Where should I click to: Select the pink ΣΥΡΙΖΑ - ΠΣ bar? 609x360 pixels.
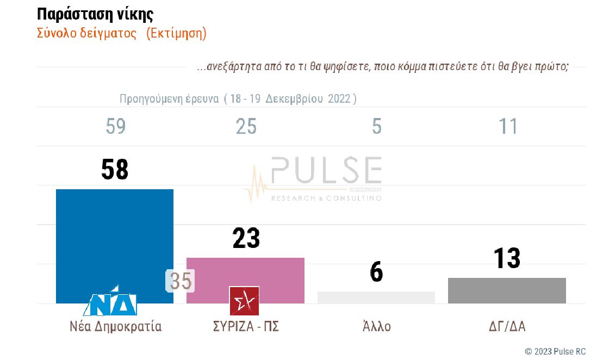245,272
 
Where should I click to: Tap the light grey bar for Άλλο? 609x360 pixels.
376,297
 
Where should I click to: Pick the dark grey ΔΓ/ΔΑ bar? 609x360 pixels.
507,290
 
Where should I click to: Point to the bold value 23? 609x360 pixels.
246,238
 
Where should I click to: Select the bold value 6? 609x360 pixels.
376,272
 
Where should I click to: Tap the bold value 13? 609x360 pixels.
507,258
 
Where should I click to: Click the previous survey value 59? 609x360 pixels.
115,127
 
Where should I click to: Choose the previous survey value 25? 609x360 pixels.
246,127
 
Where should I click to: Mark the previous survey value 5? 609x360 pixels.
377,127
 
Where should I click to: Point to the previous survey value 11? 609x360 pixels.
508,127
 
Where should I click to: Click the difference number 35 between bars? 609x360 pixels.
181,281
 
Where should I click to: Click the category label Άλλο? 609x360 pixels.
376,327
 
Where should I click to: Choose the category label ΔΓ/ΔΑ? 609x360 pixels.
507,327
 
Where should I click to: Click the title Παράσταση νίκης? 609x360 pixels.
95,14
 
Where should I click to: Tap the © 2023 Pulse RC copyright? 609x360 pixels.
555,351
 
